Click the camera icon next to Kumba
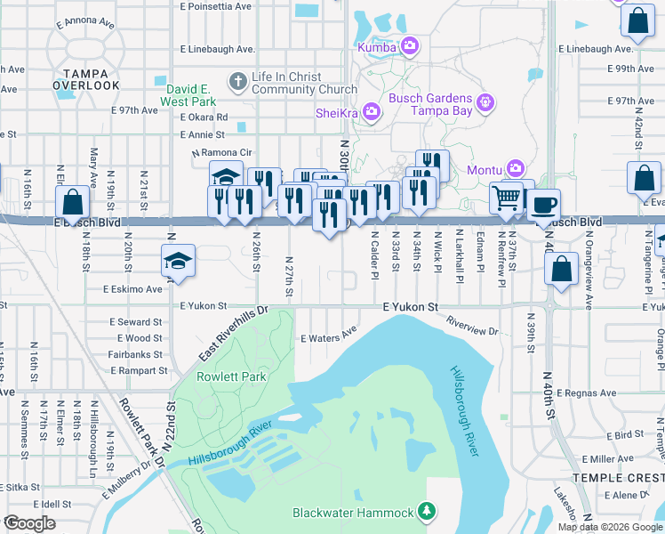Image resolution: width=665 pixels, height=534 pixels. pyautogui.click(x=410, y=45)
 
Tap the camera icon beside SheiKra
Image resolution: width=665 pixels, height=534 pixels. pyautogui.click(x=372, y=111)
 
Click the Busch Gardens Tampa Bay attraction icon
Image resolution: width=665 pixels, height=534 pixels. pyautogui.click(x=485, y=103)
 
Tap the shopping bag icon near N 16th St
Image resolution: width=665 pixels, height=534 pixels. pyautogui.click(x=72, y=202)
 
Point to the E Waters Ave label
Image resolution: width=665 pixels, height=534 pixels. pyautogui.click(x=328, y=338)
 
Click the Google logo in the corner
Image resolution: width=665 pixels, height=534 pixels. pyautogui.click(x=29, y=523)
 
